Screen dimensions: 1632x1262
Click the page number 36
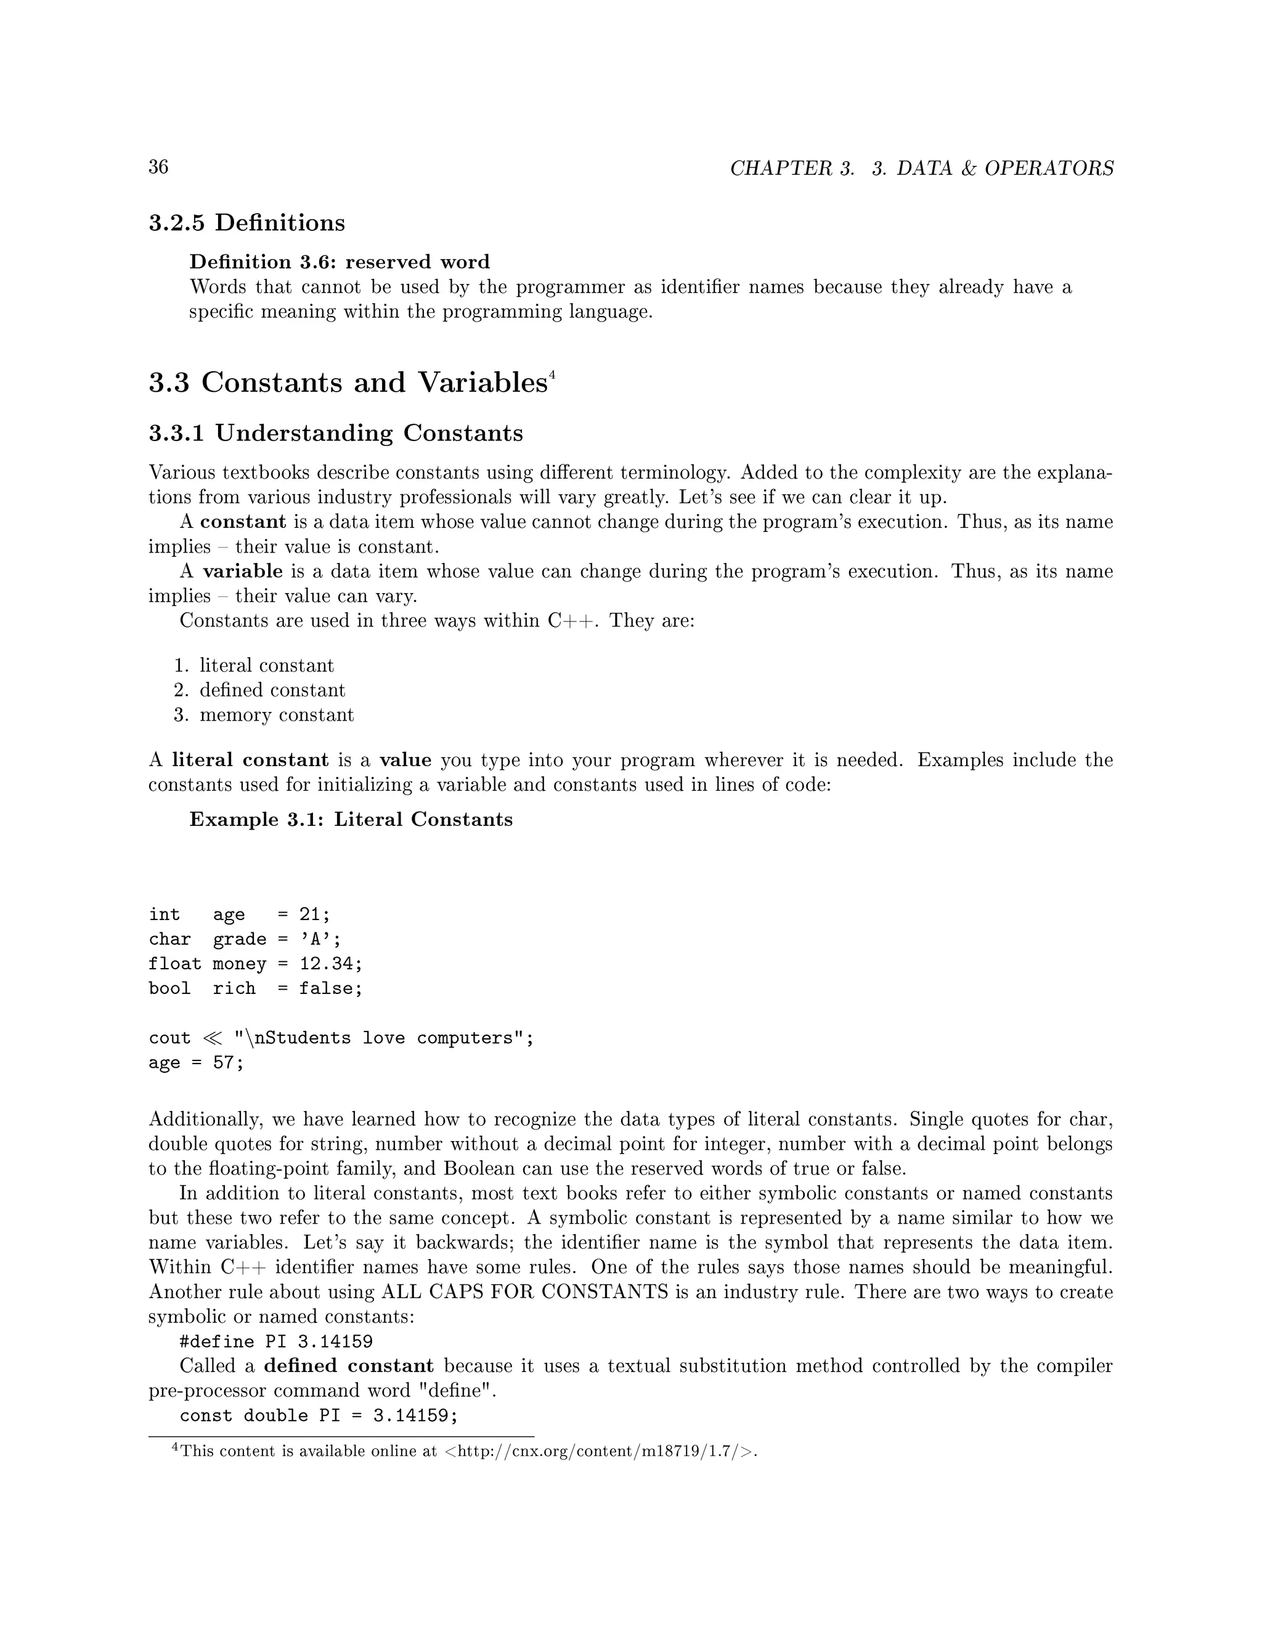pyautogui.click(x=158, y=167)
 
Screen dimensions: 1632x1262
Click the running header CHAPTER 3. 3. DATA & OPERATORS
pyautogui.click(x=921, y=168)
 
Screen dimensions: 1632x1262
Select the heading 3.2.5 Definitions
pyautogui.click(x=246, y=223)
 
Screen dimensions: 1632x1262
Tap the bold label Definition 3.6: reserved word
pyautogui.click(x=340, y=262)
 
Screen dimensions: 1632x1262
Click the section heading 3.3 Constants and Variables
pyautogui.click(x=348, y=382)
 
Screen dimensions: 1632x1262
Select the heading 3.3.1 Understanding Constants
pyautogui.click(x=336, y=434)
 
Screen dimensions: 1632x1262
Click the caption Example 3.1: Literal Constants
pyautogui.click(x=351, y=820)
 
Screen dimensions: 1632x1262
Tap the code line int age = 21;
pyautogui.click(x=238, y=915)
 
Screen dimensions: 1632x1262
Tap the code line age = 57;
pyautogui.click(x=196, y=1062)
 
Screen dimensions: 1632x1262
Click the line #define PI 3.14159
pyautogui.click(x=276, y=1341)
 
